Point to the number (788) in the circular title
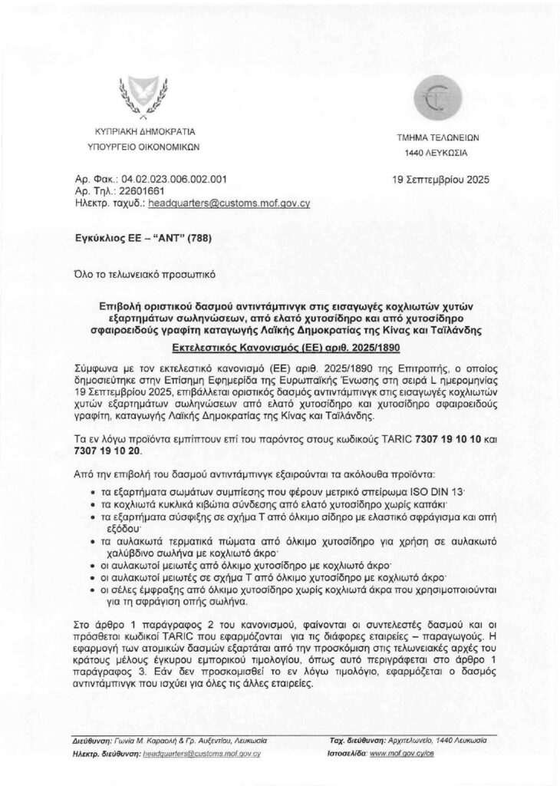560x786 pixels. [196, 237]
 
